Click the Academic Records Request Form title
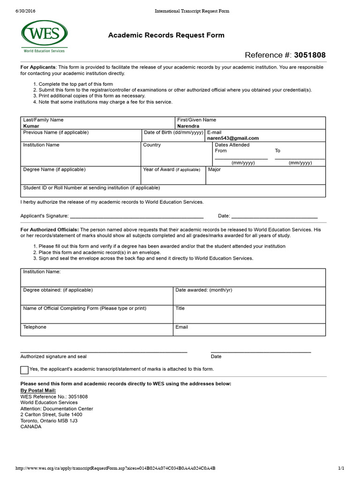tap(166, 35)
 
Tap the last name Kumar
tap(31, 126)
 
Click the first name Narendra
tap(188, 126)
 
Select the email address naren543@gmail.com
tap(233, 138)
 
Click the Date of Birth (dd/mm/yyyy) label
tap(173, 133)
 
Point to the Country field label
tap(152, 145)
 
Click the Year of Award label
tap(172, 170)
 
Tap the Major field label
tap(214, 170)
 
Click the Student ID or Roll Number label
tap(91, 187)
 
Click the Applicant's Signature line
tap(136, 216)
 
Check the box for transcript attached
tap(24, 370)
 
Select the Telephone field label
tap(35, 327)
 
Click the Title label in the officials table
tap(180, 308)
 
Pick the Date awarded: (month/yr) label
tap(203, 290)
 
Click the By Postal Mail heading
tap(38, 390)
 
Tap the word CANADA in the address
tap(31, 427)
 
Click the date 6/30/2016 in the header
tap(26, 11)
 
